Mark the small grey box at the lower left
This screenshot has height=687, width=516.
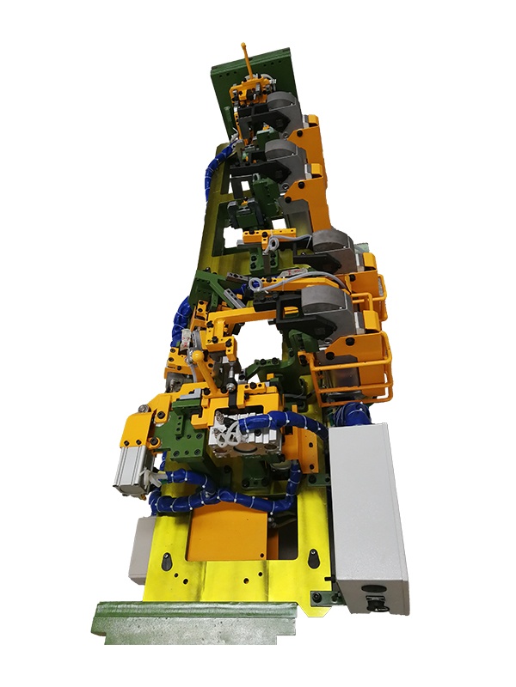pos(140,550)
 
